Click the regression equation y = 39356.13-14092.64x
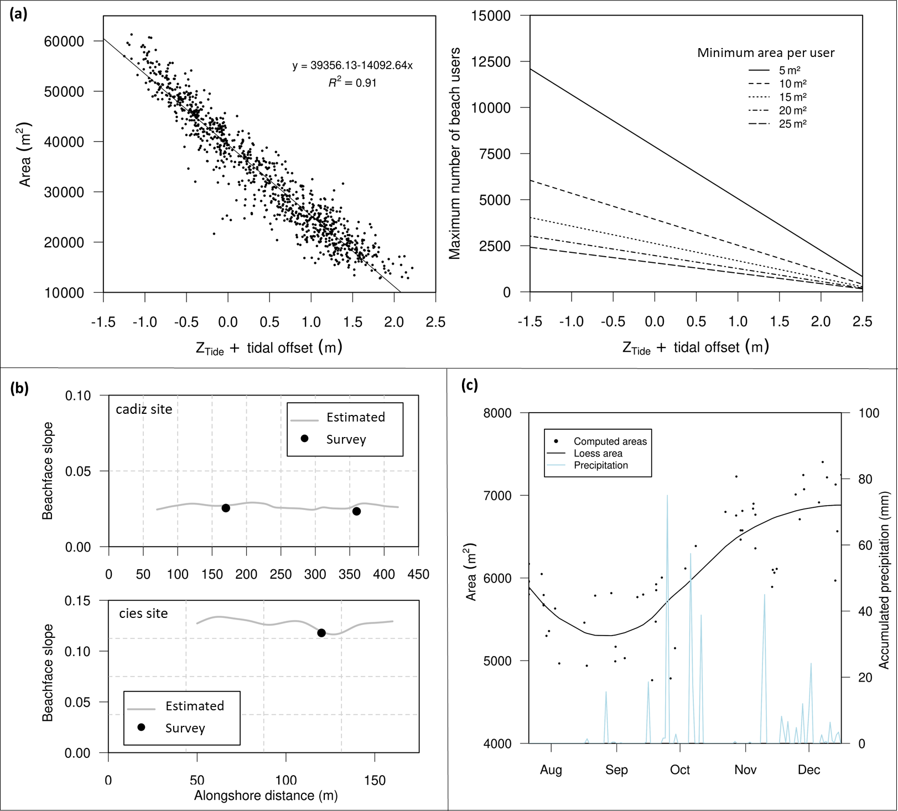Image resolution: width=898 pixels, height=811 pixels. coord(352,65)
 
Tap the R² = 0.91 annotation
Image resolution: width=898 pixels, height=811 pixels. coord(352,83)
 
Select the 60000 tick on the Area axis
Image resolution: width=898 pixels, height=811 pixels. coord(64,41)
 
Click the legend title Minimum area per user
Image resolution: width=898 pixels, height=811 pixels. coord(765,53)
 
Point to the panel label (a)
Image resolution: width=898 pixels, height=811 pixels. coord(18,14)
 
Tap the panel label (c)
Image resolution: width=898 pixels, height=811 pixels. coord(469,385)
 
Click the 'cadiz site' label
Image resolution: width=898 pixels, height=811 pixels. coord(144,409)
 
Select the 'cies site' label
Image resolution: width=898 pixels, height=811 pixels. coord(143,614)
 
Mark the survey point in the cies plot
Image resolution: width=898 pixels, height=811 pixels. coord(321,633)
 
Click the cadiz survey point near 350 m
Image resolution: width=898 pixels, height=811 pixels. coord(357,511)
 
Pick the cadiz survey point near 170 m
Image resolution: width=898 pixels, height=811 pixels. coord(226,508)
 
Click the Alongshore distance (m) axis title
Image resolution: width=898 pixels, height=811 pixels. coord(266,796)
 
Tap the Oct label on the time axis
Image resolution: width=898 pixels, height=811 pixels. coord(680,770)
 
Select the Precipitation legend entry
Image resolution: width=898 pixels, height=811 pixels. coord(600,465)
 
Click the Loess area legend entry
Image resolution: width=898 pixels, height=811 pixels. coord(598,454)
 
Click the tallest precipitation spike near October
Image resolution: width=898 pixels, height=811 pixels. coord(667,496)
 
